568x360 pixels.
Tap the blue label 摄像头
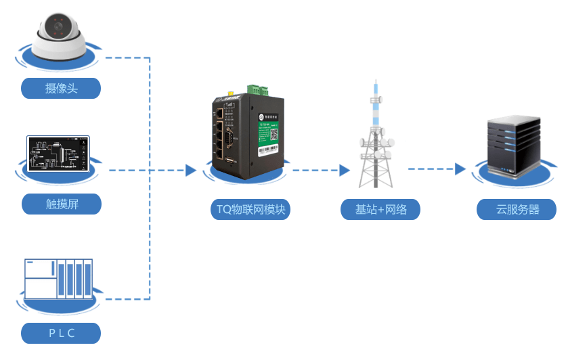pyautogui.click(x=61, y=88)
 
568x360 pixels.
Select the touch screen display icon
pyautogui.click(x=58, y=154)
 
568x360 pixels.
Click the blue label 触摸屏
pyautogui.click(x=61, y=204)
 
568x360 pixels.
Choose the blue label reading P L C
pyautogui.click(x=61, y=333)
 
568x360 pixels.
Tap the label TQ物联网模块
pyautogui.click(x=250, y=210)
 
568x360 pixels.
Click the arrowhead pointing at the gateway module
pyautogui.click(x=191, y=171)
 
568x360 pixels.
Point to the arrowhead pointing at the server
pyautogui.click(x=460, y=169)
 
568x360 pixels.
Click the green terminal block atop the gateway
pyautogui.click(x=257, y=89)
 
